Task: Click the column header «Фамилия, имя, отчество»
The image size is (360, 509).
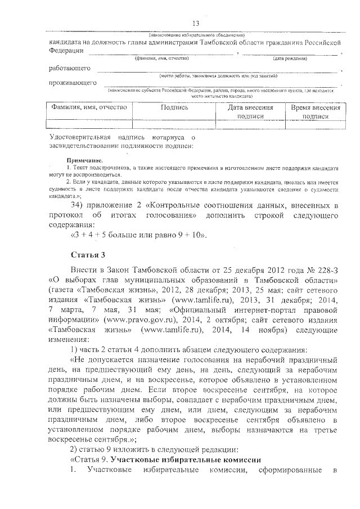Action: pos(89,107)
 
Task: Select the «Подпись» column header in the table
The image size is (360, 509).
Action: pos(174,107)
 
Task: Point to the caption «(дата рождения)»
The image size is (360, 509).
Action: pos(290,58)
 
